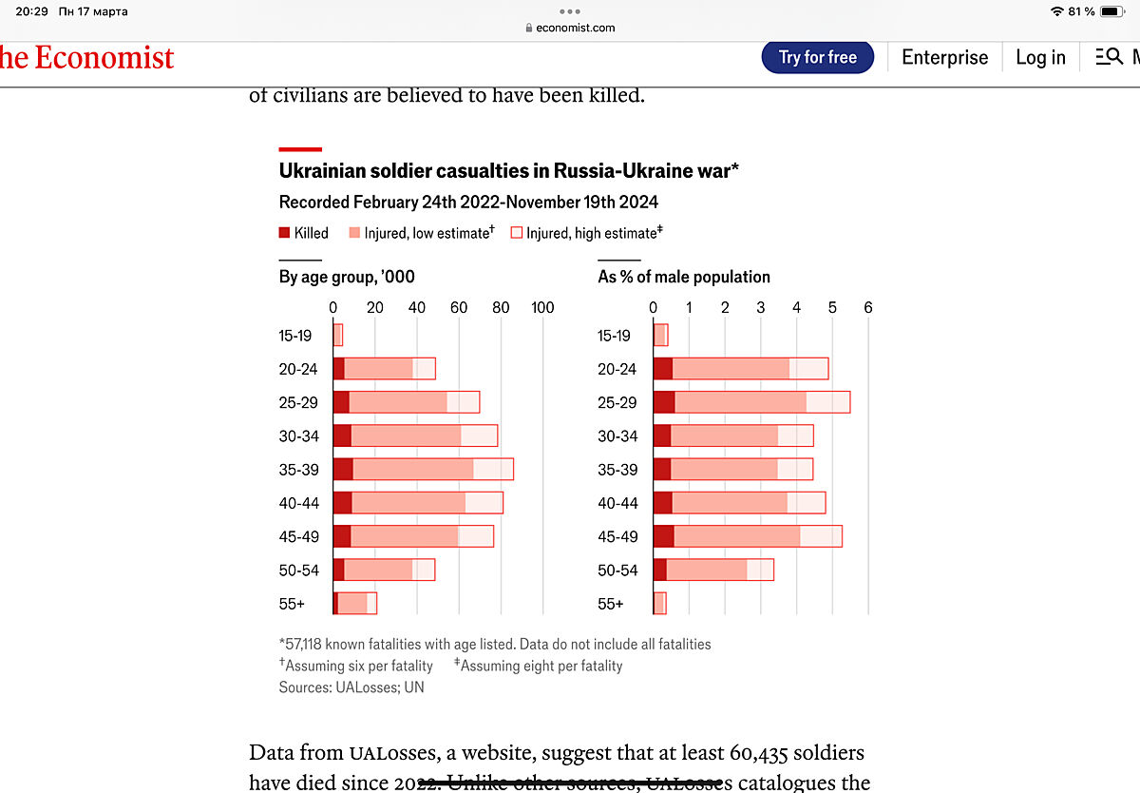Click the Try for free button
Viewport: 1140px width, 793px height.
tap(817, 57)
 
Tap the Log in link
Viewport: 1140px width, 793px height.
tap(1040, 57)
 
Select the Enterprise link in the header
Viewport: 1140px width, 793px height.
tap(944, 57)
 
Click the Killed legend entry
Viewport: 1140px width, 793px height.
tap(304, 233)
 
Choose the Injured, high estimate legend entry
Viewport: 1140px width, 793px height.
tap(586, 233)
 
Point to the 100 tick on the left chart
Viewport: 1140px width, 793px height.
tap(542, 307)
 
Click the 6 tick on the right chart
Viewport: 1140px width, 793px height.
tap(867, 307)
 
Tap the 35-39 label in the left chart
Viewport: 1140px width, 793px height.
tap(298, 470)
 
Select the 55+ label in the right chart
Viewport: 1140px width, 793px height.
tap(611, 604)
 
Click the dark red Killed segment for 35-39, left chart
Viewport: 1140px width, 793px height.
tap(343, 470)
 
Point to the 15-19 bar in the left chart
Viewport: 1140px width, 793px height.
tap(337, 336)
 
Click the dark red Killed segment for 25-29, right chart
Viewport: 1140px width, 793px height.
tap(663, 402)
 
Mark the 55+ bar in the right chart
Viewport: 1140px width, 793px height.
tap(659, 604)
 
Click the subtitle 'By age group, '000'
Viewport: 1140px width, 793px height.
tap(347, 277)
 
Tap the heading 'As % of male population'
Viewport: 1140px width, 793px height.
tap(684, 277)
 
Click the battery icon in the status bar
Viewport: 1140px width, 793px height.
tap(1112, 11)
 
